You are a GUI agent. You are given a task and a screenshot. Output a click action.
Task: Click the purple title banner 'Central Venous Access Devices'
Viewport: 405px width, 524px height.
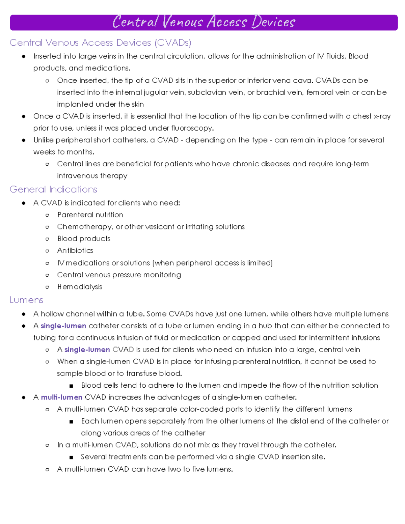(204, 22)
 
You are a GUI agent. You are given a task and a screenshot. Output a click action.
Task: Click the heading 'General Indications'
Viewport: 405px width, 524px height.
(53, 189)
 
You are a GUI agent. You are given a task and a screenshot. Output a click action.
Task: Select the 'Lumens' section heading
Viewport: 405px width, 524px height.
(26, 300)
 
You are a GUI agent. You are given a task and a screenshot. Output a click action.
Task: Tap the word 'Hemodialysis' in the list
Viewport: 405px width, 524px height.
(80, 287)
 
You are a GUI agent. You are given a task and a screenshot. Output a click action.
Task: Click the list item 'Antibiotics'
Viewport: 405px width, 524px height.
(75, 251)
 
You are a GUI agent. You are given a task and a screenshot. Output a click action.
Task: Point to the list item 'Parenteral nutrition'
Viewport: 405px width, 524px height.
(90, 215)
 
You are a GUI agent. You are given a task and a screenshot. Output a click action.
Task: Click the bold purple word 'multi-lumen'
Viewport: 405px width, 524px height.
(61, 397)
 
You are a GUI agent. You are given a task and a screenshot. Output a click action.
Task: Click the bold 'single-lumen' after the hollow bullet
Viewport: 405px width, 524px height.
(87, 350)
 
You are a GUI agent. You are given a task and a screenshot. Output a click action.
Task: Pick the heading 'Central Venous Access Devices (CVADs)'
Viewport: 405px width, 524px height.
(100, 43)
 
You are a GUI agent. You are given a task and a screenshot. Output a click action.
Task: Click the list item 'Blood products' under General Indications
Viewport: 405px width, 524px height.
(84, 239)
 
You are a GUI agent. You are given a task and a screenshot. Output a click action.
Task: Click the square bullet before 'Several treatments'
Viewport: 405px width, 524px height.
(71, 458)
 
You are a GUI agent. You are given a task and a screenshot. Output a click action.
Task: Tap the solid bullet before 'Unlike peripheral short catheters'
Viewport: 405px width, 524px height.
(24, 140)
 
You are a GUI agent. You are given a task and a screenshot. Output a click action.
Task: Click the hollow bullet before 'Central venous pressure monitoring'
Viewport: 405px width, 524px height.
(47, 275)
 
